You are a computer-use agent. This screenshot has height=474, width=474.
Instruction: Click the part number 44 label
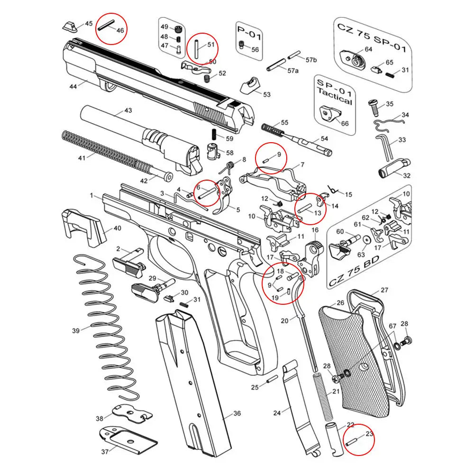73,87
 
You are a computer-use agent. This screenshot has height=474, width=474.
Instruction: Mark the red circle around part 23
359,440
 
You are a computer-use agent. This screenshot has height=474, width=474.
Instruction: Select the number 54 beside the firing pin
325,138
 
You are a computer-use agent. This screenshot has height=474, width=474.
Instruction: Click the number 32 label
406,175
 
